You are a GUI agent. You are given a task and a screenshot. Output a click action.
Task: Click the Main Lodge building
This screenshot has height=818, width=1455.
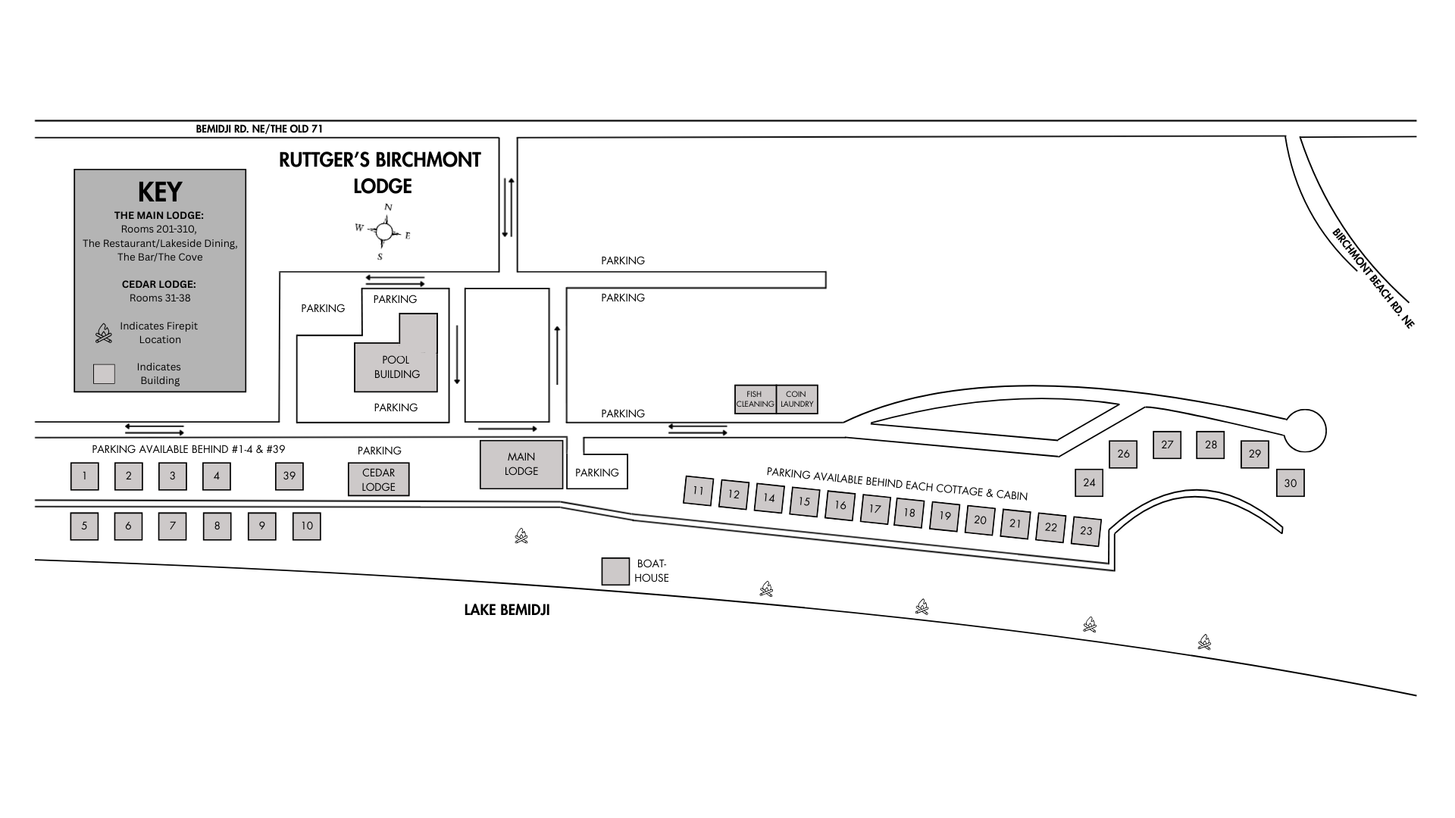(521, 464)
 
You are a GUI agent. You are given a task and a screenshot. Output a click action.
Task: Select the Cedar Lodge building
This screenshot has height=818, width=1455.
(378, 479)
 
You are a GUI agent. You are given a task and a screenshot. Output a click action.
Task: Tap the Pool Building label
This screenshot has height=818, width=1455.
(396, 367)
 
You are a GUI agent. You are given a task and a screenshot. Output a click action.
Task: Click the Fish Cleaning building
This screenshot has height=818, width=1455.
(755, 399)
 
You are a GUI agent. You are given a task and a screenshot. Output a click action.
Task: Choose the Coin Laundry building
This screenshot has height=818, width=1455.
(797, 399)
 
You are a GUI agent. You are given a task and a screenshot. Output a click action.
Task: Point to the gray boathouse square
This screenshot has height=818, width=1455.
(615, 571)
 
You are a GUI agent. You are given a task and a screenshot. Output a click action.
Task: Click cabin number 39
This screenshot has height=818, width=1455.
(289, 476)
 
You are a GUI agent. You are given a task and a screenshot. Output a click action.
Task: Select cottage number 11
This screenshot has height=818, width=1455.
(698, 490)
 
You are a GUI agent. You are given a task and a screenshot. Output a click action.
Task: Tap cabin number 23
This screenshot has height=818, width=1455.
(1086, 530)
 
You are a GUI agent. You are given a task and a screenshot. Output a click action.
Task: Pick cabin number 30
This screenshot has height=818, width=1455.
(1291, 482)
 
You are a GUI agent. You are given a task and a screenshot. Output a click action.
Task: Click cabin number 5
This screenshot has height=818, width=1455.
(84, 526)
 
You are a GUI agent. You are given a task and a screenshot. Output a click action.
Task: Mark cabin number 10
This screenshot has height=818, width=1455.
(307, 526)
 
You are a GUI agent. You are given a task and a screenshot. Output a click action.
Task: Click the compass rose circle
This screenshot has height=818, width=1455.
(384, 232)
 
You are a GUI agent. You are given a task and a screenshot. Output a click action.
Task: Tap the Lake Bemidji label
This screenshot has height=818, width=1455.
(507, 610)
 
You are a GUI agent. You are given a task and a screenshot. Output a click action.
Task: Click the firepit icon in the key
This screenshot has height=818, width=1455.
(103, 333)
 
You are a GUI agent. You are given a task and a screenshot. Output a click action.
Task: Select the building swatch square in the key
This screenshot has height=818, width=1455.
(104, 374)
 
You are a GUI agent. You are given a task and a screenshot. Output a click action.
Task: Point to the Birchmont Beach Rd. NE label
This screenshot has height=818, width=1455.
(1373, 278)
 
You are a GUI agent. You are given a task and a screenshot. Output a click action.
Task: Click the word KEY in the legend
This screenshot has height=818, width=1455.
(160, 192)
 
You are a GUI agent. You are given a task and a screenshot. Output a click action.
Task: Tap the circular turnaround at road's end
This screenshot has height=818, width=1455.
(1305, 430)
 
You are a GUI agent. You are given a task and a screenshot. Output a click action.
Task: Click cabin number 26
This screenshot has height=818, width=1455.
(1123, 454)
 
